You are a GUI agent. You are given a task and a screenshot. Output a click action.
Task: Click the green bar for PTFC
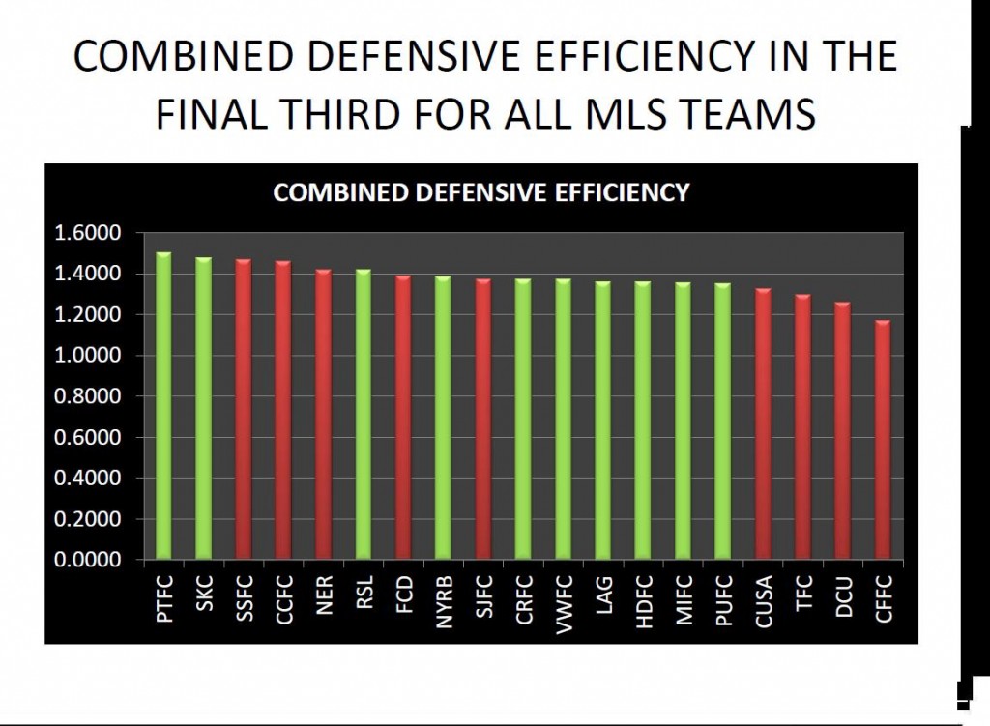163,406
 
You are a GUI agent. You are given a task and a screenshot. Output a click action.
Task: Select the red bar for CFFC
883,440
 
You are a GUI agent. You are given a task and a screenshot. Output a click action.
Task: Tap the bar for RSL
364,414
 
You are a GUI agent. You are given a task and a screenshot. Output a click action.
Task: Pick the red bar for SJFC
483,420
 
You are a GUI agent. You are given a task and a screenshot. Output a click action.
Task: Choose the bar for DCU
843,431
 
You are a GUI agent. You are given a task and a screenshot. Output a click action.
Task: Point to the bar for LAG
603,421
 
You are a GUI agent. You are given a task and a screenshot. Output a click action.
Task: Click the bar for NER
323,414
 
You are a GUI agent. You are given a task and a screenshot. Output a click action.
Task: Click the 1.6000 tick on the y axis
87,233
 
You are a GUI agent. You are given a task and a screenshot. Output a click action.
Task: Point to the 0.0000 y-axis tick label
87,560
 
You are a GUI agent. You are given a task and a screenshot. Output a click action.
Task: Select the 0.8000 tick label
87,395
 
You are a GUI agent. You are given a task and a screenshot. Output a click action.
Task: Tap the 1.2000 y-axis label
87,314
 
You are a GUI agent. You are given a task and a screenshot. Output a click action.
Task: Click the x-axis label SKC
204,593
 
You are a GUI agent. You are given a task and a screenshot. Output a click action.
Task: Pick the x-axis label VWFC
564,603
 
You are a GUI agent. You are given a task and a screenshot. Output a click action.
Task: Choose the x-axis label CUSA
764,601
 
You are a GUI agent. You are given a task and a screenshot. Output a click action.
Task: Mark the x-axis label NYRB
444,602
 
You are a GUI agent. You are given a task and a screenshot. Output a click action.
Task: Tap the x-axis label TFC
803,593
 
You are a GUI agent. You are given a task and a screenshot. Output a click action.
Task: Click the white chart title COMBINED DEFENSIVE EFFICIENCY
481,192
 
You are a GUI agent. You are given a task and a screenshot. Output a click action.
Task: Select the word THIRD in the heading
339,114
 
